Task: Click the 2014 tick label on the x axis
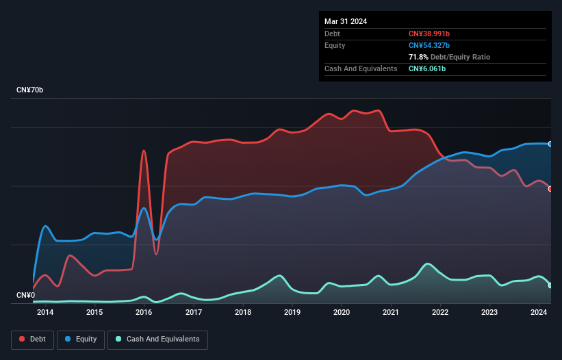pyautogui.click(x=45, y=313)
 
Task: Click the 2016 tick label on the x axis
pyautogui.click(x=144, y=313)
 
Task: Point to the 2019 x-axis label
pyautogui.click(x=292, y=313)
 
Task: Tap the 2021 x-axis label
pyautogui.click(x=391, y=313)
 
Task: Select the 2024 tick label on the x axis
pyautogui.click(x=539, y=313)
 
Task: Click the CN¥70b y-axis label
pyautogui.click(x=30, y=90)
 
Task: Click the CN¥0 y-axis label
pyautogui.click(x=25, y=295)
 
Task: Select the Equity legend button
pyautogui.click(x=81, y=339)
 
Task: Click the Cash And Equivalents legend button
pyautogui.click(x=157, y=339)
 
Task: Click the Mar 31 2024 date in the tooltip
pyautogui.click(x=346, y=21)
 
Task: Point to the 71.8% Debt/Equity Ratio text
pyautogui.click(x=449, y=57)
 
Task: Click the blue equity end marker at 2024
pyautogui.click(x=550, y=144)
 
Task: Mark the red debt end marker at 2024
pyautogui.click(x=550, y=189)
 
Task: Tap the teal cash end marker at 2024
pyautogui.click(x=550, y=285)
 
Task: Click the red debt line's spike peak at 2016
pyautogui.click(x=144, y=151)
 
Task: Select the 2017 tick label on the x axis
pyautogui.click(x=194, y=313)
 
